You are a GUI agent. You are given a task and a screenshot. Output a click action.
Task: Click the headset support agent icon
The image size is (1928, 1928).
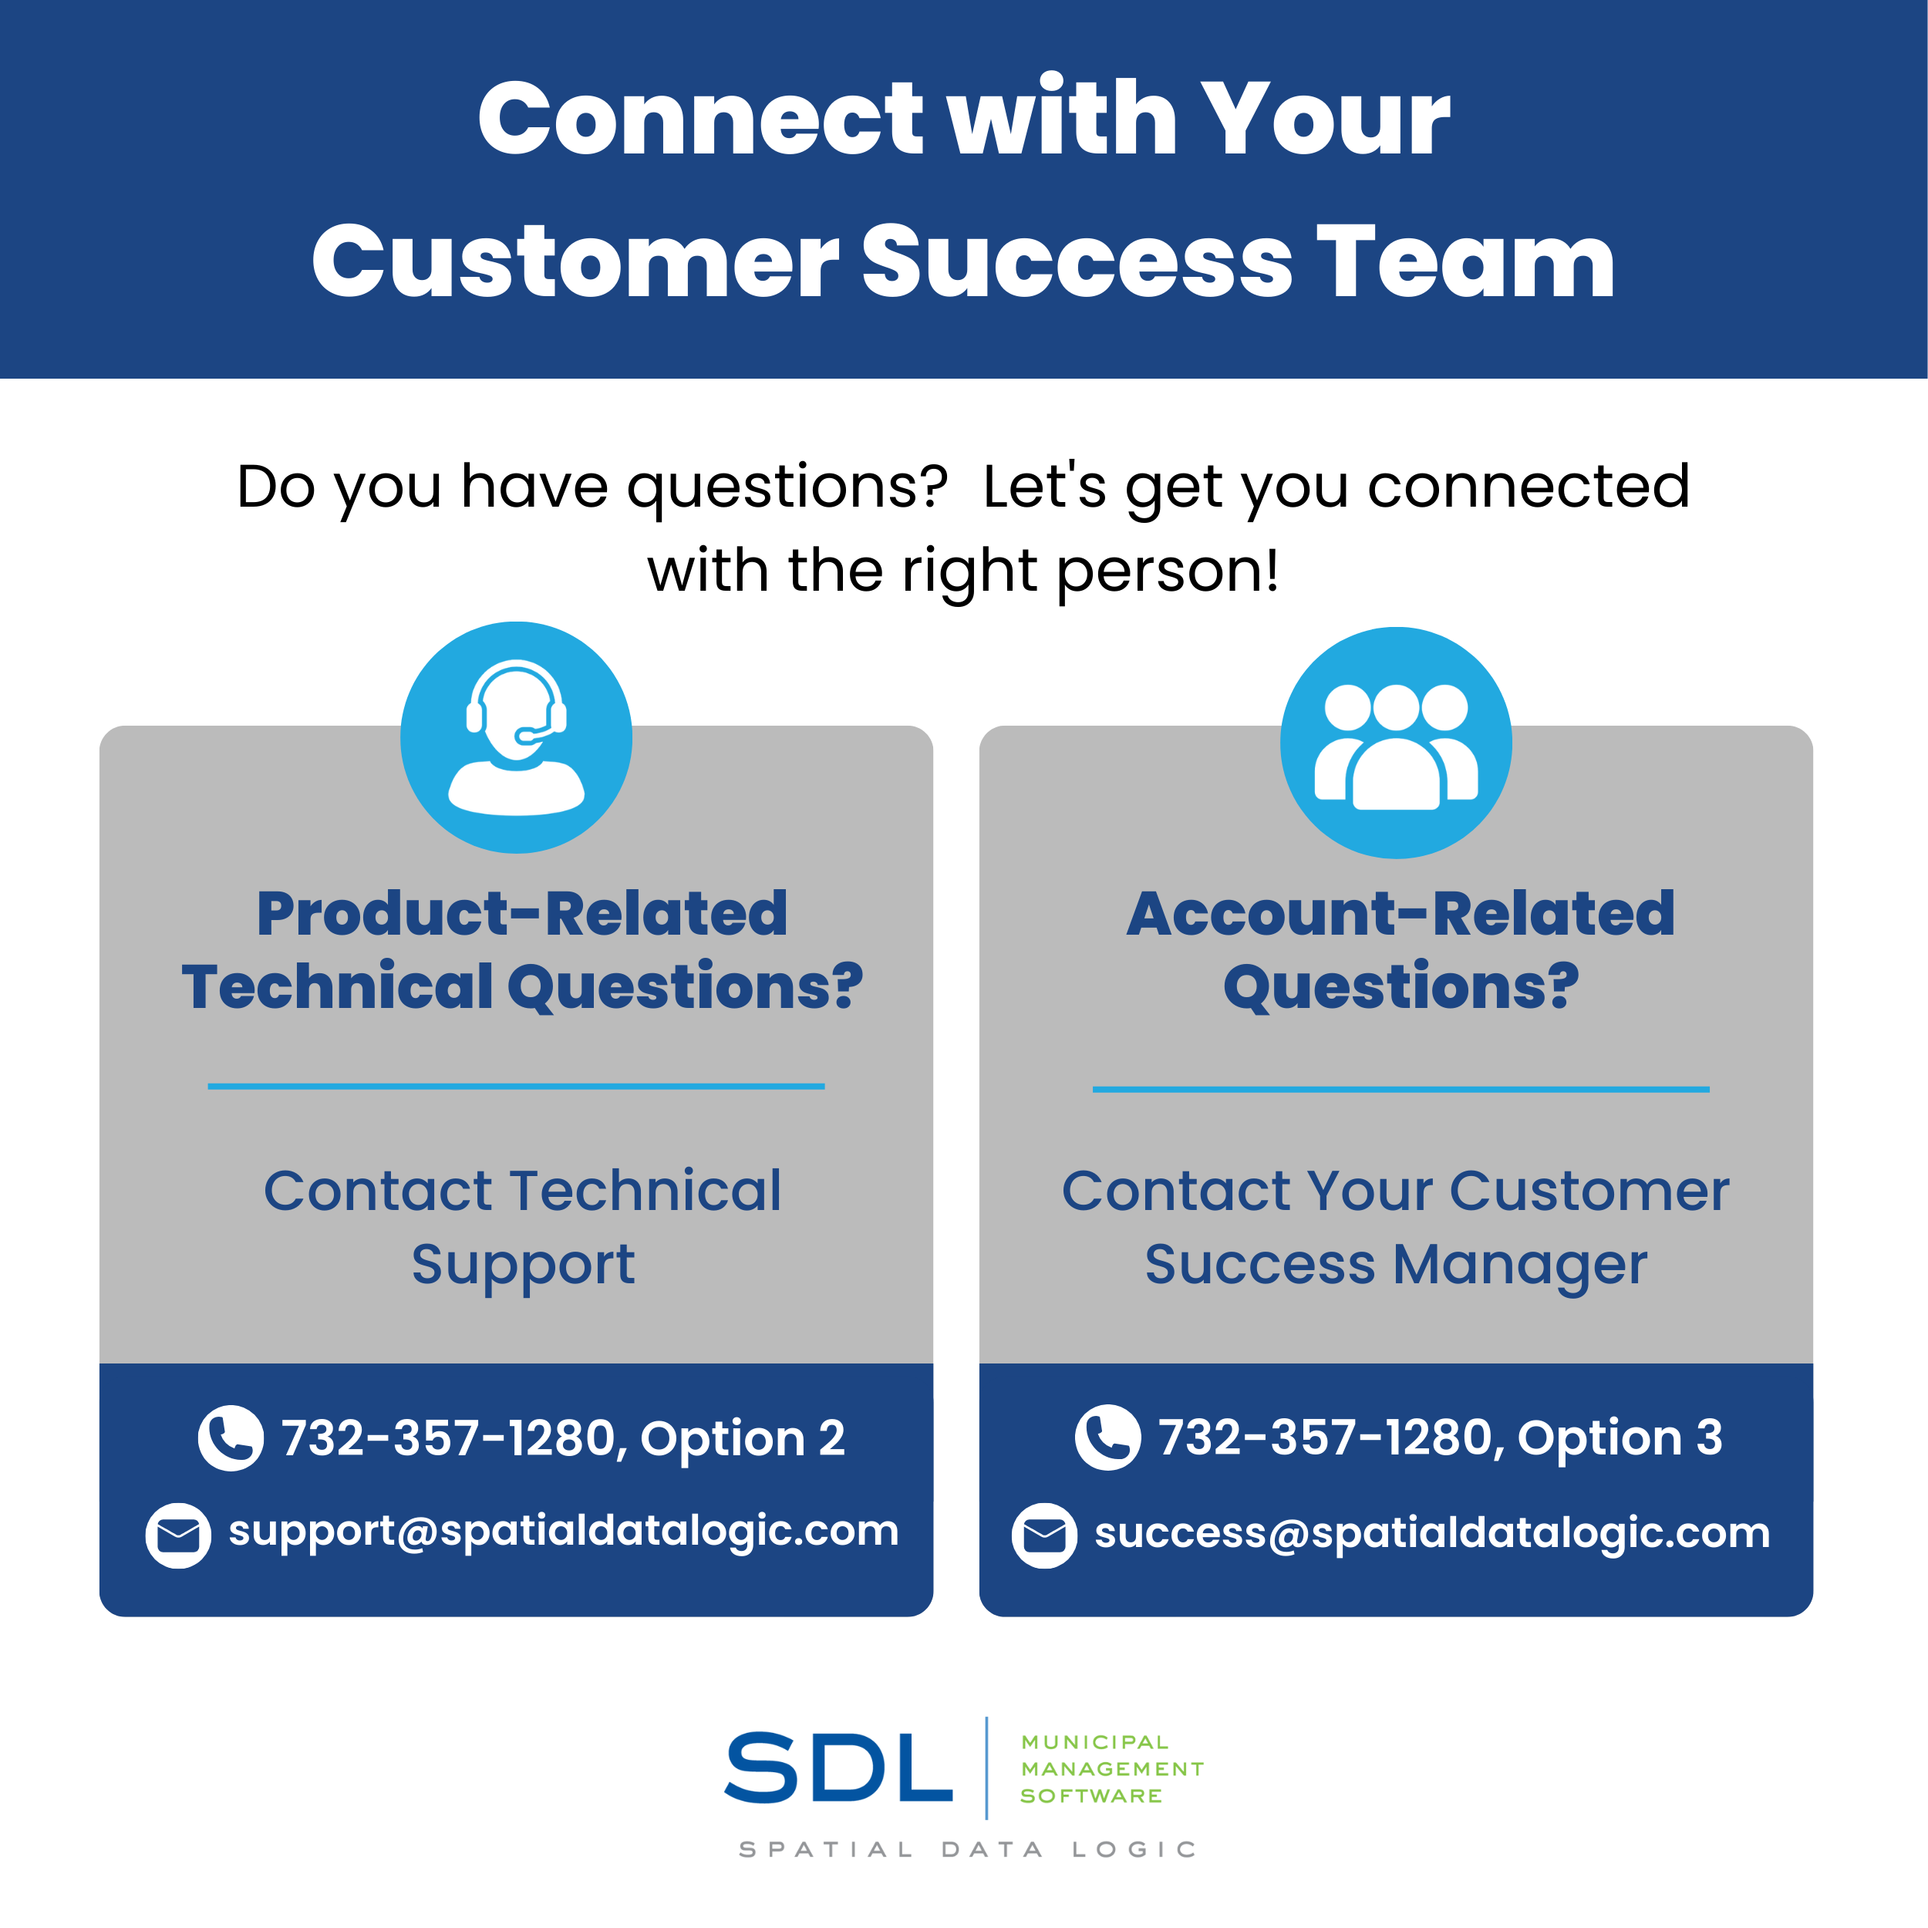point(516,737)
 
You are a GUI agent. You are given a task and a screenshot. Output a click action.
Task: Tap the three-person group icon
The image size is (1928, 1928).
point(1396,743)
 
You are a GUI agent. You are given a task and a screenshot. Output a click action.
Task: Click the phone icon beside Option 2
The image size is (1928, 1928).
point(231,1438)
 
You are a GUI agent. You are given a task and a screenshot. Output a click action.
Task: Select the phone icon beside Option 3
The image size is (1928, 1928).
point(1107,1437)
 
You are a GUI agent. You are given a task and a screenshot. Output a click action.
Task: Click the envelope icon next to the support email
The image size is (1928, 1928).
point(179,1535)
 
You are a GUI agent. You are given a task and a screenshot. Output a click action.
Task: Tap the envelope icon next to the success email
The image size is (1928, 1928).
point(1045,1535)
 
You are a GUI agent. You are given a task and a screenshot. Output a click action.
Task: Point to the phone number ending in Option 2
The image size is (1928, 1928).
point(564,1438)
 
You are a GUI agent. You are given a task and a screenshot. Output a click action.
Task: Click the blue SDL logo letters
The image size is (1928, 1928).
point(838,1768)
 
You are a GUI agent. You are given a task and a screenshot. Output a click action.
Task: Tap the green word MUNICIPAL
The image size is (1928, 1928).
point(1095,1741)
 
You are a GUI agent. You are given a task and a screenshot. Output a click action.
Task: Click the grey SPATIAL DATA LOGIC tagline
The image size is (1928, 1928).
point(967,1849)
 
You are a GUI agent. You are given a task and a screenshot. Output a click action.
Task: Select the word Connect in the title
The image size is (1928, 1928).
point(702,119)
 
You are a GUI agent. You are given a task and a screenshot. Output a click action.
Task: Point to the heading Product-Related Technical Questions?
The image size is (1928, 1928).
point(522,950)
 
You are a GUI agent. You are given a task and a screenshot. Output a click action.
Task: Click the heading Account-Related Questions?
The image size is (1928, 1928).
point(1401,950)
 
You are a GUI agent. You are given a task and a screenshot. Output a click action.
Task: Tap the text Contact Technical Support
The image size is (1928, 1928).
point(523,1229)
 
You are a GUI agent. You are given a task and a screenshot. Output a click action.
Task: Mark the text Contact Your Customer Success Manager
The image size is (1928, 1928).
point(1396,1229)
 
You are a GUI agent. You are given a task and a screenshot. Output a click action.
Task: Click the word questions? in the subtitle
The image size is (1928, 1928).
point(787,488)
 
